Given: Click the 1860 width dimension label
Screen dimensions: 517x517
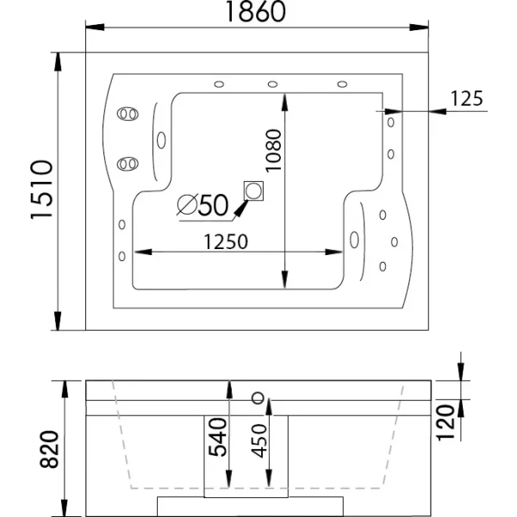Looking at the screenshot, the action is coord(255,11).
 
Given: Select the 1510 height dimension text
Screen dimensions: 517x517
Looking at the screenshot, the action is coord(41,190).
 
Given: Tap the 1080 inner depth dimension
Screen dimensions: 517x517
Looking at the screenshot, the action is coord(274,150).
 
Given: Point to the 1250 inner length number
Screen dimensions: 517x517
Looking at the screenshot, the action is coord(226,241).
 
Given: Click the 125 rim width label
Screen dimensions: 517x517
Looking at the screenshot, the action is coord(466,98).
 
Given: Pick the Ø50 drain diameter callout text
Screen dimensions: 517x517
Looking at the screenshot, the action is coord(202,205).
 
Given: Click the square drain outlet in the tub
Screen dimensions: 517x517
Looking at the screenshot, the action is coord(253,191).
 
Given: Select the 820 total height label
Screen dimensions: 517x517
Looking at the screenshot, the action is coord(49,449).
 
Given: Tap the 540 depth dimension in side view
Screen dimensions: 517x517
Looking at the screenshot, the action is coord(218,437).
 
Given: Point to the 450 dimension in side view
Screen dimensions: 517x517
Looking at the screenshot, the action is coord(259,441).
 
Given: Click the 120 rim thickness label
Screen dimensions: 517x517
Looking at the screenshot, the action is coord(445,423).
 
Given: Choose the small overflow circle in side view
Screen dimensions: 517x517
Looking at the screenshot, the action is coord(258,398).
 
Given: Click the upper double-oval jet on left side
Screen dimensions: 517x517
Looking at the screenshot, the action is coord(128,114).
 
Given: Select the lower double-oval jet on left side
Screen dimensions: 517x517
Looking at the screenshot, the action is coord(128,164).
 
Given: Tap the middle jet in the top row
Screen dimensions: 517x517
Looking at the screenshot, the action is coord(272,84).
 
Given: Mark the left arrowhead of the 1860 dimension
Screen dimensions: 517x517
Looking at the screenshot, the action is coord(95,28).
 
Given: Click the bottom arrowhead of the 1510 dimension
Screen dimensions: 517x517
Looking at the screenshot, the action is coord(58,321).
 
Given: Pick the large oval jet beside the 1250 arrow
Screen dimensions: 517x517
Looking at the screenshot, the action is coord(354,240).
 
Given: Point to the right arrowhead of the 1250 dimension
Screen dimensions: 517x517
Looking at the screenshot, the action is coord(333,252).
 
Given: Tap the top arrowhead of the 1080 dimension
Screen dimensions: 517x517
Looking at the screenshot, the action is coord(285,103).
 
